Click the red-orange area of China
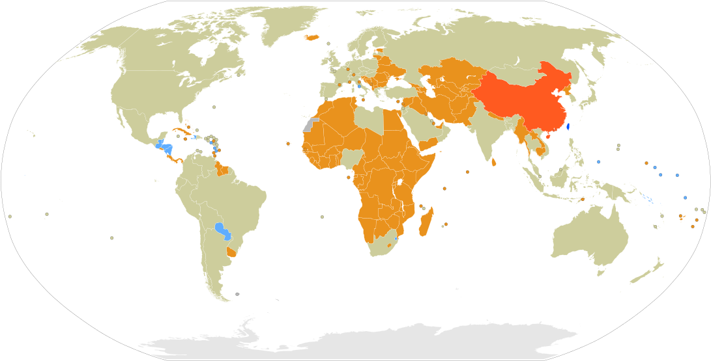point(521,98)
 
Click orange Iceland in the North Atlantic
point(310,37)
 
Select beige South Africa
point(378,245)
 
